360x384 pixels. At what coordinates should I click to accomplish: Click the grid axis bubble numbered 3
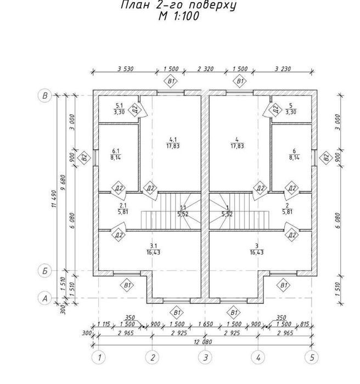click(205, 357)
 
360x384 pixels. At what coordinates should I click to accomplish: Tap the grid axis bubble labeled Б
click(45, 271)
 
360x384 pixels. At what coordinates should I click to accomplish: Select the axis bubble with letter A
click(45, 298)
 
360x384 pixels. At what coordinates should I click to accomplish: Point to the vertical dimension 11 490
click(54, 199)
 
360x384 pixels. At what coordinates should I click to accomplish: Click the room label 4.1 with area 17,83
click(173, 143)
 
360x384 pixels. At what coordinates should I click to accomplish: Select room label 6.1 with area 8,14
click(115, 154)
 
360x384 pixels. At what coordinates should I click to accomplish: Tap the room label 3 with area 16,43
click(257, 249)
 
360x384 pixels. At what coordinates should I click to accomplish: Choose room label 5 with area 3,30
click(291, 109)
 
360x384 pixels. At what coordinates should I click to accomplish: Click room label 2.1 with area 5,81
click(123, 208)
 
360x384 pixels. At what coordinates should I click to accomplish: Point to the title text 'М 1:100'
click(178, 16)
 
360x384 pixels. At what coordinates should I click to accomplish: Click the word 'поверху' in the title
click(210, 5)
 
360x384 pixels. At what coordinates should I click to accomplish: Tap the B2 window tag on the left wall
click(84, 157)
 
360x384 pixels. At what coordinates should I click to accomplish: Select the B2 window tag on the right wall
click(326, 157)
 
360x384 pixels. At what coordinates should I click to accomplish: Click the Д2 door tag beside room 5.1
click(135, 109)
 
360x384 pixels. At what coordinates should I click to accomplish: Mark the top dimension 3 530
click(126, 69)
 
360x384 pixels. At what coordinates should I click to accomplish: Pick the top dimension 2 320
click(205, 69)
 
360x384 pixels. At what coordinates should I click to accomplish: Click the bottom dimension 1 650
click(205, 324)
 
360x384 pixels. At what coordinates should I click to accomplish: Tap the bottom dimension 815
click(305, 324)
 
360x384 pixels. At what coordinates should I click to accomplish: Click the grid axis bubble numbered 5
click(312, 357)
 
